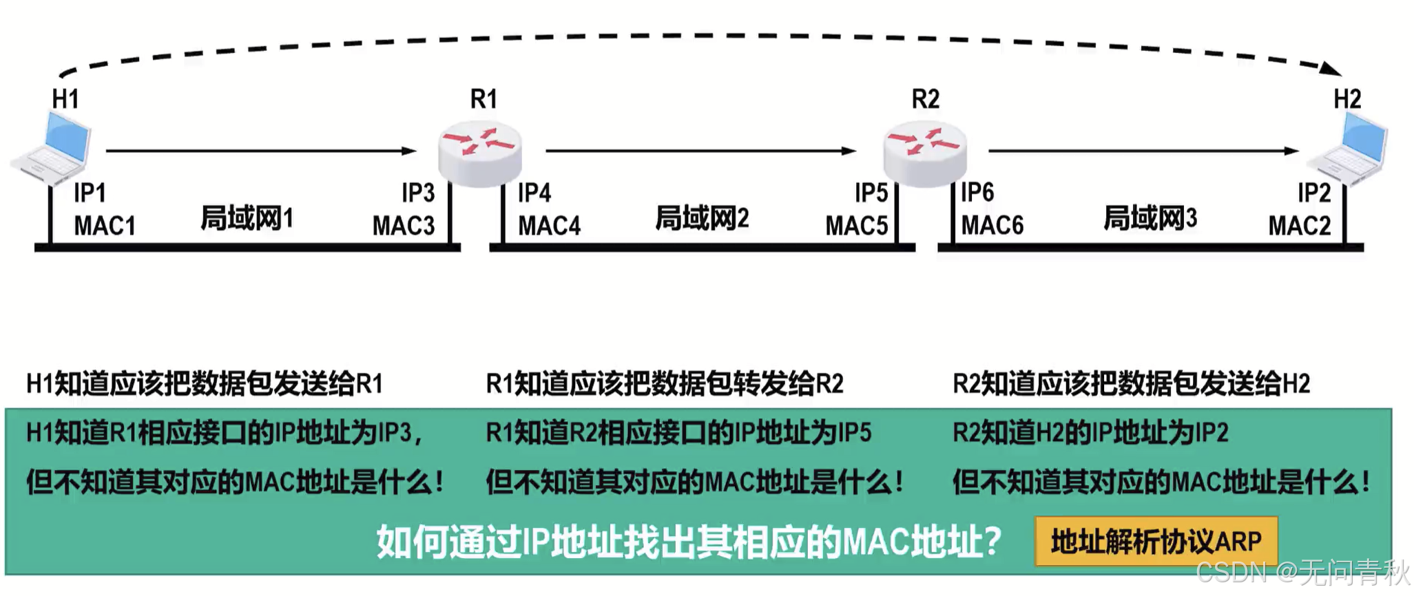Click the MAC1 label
(104, 226)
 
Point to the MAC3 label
(404, 226)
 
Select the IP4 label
(534, 193)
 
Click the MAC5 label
(857, 226)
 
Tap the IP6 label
(977, 193)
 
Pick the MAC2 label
(1300, 226)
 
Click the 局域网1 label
(247, 218)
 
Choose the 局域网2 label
(702, 218)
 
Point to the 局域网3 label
(1150, 218)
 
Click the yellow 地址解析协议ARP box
(1156, 542)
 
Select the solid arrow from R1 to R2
(700, 151)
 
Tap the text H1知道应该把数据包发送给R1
(205, 383)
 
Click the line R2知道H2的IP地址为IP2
(1090, 433)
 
